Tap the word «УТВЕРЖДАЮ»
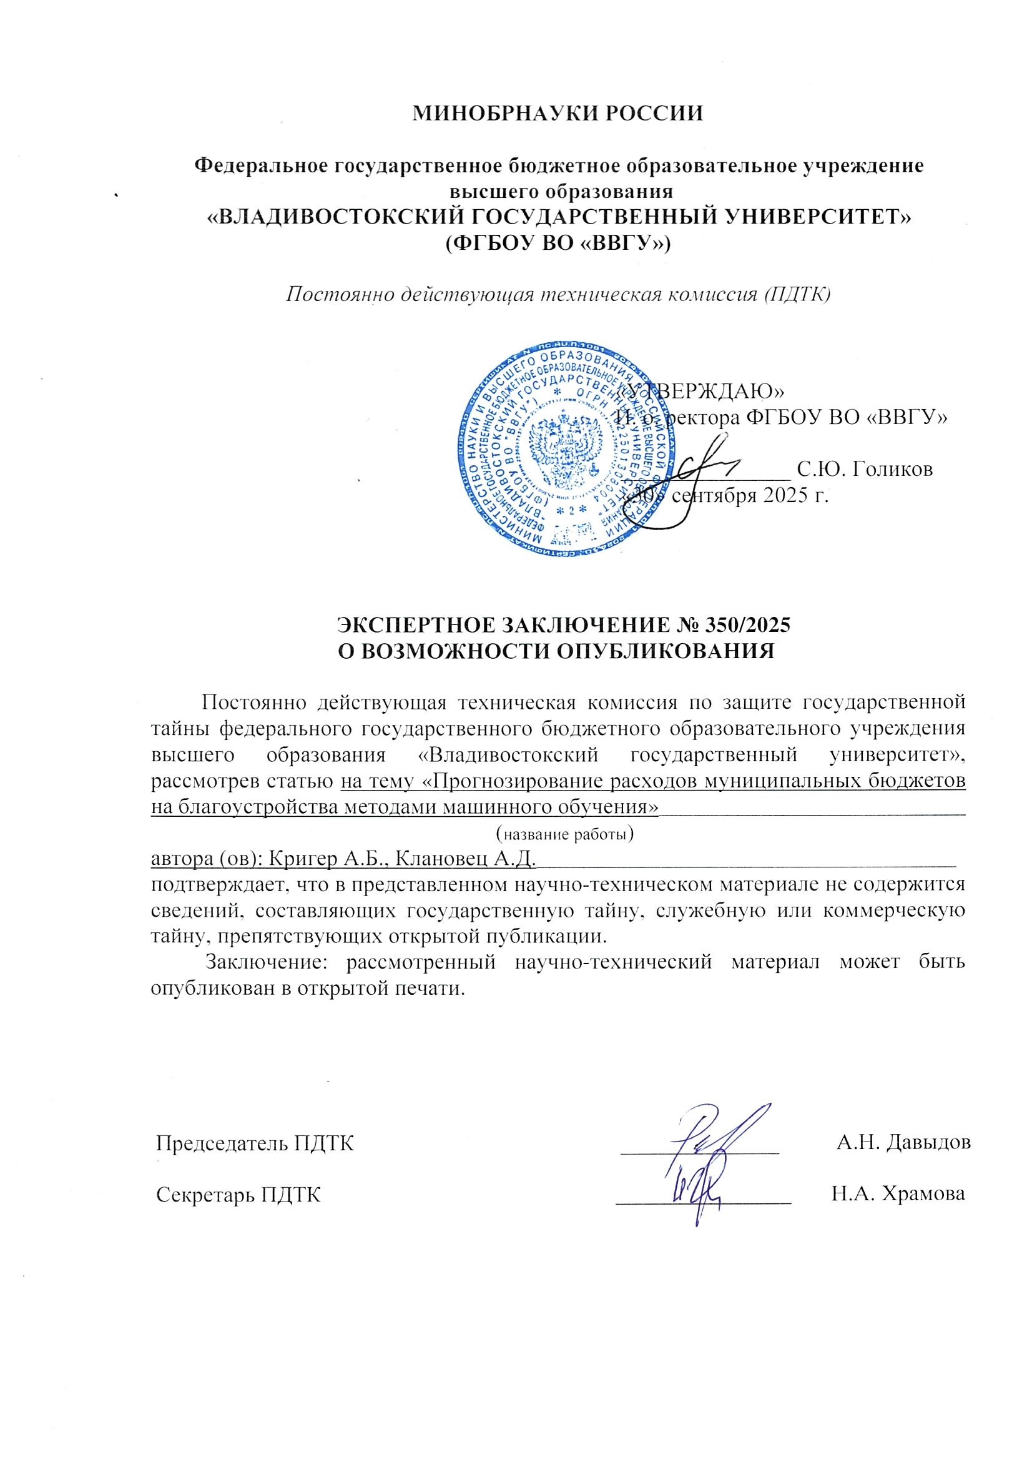click(702, 389)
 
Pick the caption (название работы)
click(564, 834)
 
